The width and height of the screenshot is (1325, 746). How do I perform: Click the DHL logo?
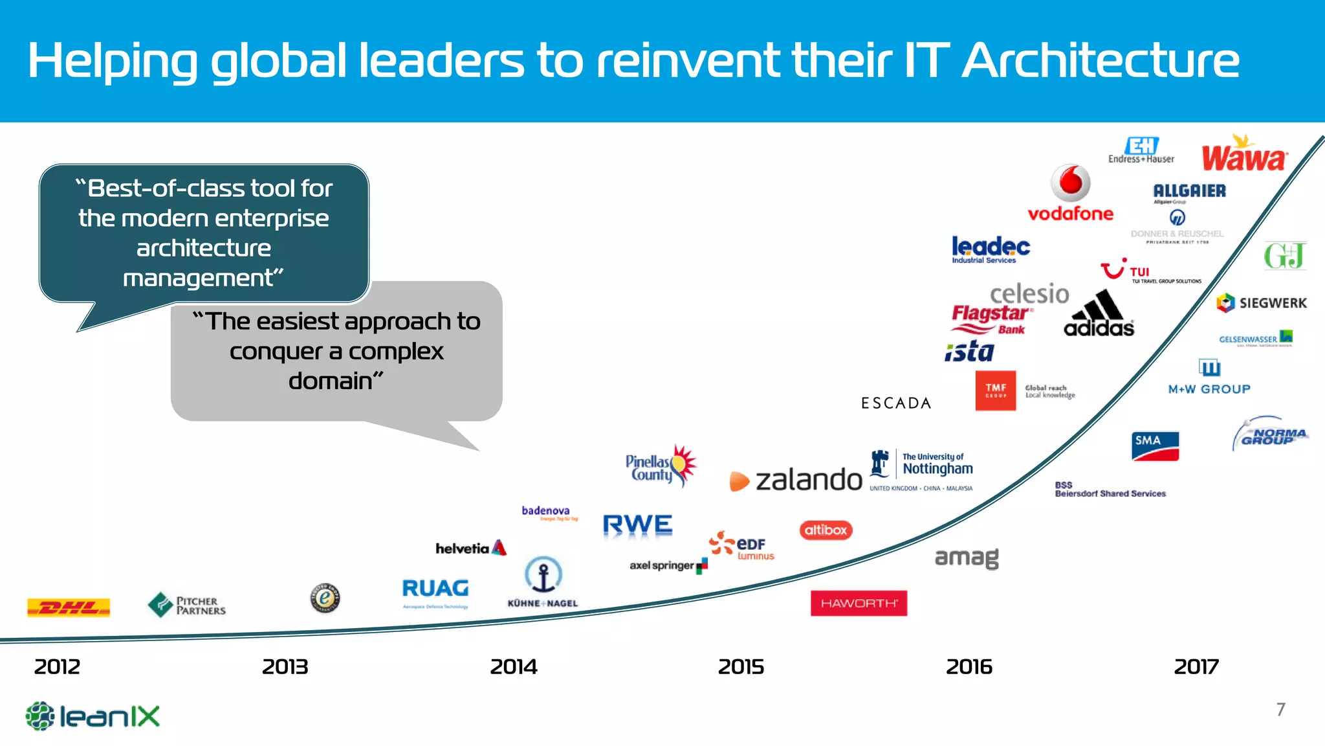point(69,607)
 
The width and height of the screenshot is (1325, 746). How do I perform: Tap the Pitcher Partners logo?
point(187,605)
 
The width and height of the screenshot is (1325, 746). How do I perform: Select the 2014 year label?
point(513,666)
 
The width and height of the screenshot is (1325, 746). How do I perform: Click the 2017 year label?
point(1196,666)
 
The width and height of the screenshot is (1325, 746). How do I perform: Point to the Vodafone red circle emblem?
point(1070,183)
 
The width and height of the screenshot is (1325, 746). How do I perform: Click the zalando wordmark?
point(808,480)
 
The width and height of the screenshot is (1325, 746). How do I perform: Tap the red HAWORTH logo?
point(859,603)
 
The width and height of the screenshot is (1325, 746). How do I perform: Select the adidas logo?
point(1099,314)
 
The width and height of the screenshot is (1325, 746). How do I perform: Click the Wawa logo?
point(1243,155)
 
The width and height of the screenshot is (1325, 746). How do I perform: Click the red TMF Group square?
point(995,390)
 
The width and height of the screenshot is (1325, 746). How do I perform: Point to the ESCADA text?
point(896,403)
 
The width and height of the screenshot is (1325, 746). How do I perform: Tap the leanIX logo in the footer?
point(93,716)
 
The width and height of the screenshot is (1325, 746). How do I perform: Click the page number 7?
point(1280,710)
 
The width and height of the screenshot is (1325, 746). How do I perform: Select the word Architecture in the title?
point(1100,61)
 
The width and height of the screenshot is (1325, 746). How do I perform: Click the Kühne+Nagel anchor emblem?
point(543,574)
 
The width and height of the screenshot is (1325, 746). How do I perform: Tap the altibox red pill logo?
point(826,530)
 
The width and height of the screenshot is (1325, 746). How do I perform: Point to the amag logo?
point(967,558)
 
